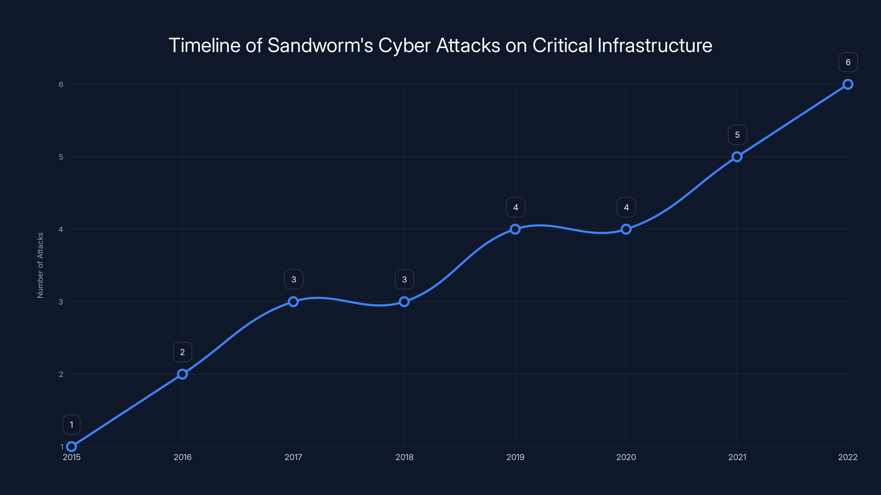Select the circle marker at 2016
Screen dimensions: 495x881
click(182, 374)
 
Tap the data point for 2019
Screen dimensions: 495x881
click(515, 229)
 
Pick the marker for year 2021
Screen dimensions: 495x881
click(737, 157)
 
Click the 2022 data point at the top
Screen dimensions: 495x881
click(848, 84)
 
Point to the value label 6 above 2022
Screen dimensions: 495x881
click(848, 62)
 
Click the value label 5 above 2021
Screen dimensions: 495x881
click(737, 135)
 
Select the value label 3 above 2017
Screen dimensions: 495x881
click(293, 279)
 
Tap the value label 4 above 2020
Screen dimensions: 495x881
click(626, 207)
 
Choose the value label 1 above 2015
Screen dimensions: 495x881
click(72, 425)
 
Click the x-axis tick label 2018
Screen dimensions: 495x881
click(404, 457)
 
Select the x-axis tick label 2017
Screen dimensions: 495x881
click(293, 457)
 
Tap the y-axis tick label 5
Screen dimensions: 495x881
click(61, 157)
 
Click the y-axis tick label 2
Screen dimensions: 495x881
click(61, 374)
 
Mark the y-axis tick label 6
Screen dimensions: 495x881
click(61, 84)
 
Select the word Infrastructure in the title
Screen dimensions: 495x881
click(655, 45)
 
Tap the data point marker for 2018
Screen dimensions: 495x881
click(404, 302)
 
